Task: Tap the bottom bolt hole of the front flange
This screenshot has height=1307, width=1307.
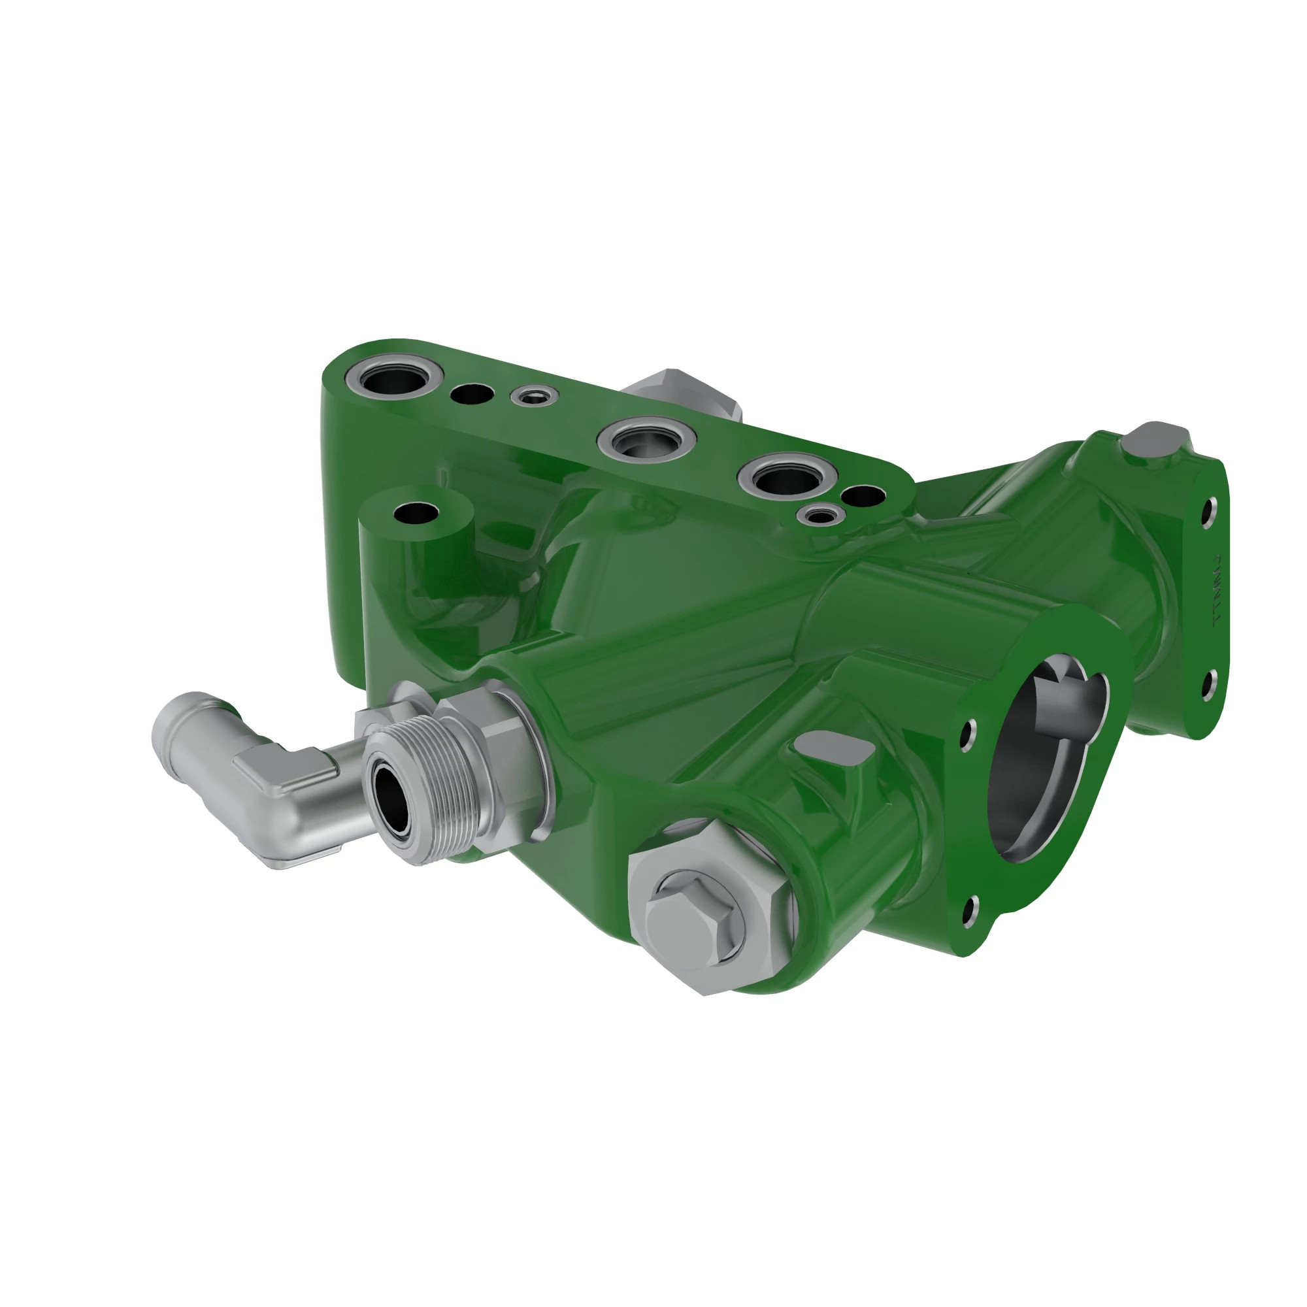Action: click(970, 912)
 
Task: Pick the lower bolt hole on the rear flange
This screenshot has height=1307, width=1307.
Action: click(1209, 685)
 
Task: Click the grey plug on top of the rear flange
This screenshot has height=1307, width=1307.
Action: click(1159, 440)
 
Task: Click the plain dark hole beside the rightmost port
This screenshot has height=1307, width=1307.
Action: click(865, 496)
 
